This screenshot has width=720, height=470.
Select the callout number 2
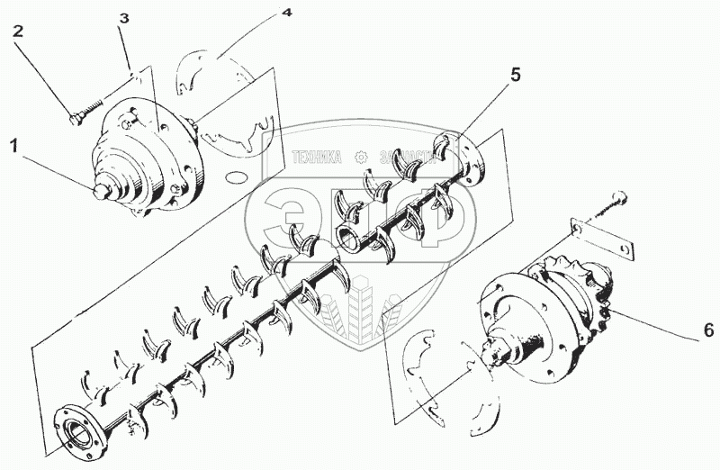click(18, 32)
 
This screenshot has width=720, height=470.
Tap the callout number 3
click(124, 18)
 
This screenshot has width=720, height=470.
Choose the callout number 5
click(515, 75)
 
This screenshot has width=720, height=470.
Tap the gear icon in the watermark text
click(364, 156)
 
